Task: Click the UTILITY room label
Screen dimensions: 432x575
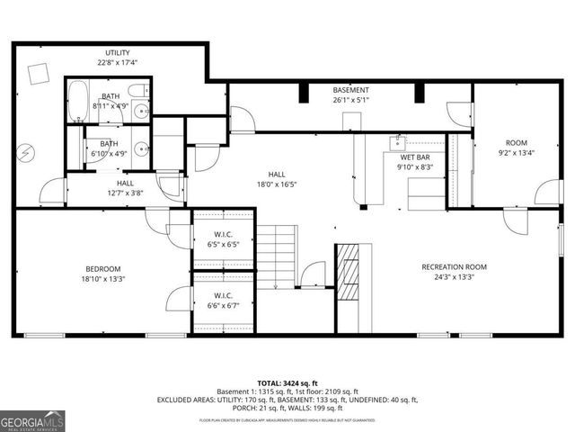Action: [117, 53]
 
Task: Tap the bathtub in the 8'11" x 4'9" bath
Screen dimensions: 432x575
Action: [78, 101]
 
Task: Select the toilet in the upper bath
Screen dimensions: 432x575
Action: [137, 90]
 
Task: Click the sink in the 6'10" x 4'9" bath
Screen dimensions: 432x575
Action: [141, 149]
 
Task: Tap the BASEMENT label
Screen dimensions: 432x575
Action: [349, 90]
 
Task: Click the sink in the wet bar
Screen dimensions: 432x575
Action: [398, 141]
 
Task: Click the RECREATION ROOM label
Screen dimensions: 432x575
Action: [454, 266]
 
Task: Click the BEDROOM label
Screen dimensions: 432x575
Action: [103, 268]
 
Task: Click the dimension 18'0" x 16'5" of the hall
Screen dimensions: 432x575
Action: [276, 184]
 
